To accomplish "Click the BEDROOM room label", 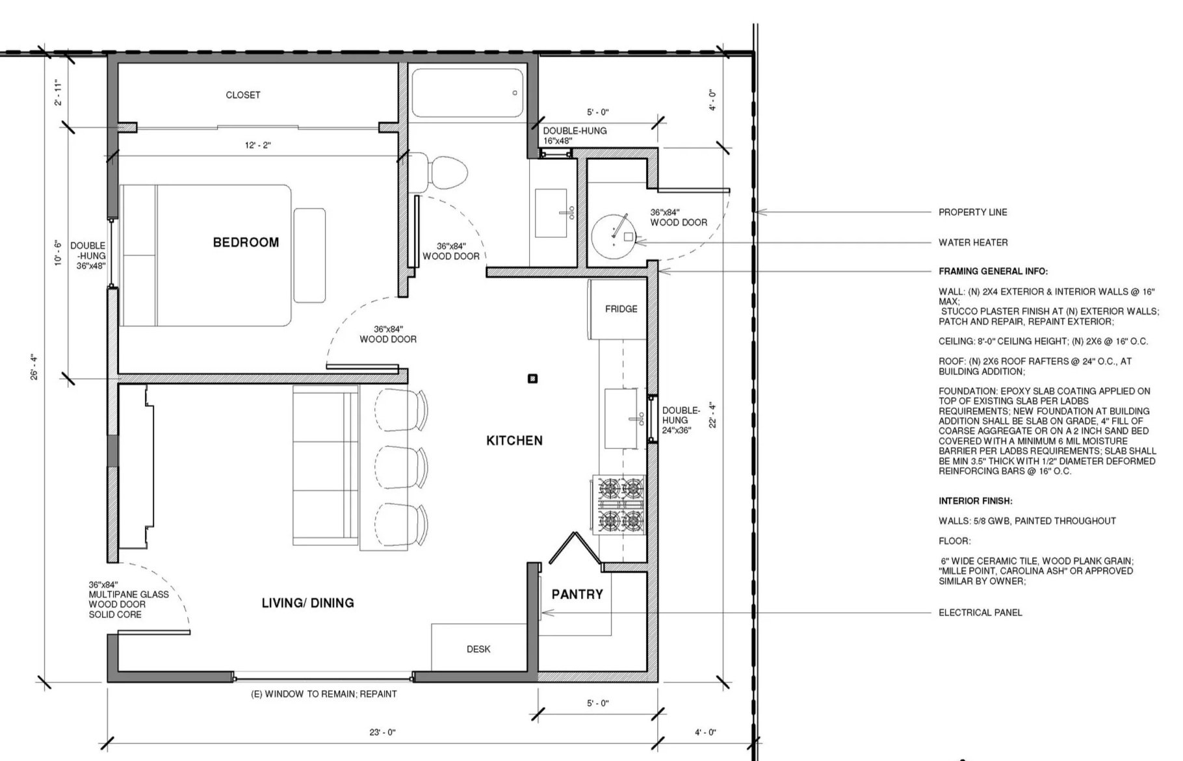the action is click(x=246, y=242).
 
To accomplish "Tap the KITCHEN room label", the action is click(x=514, y=441).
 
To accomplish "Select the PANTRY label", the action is click(x=577, y=594).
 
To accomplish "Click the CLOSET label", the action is click(x=243, y=95).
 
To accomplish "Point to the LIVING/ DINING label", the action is click(x=308, y=603).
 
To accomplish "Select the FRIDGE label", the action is click(x=621, y=309).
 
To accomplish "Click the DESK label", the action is click(x=478, y=649).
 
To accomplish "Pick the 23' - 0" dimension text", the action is click(x=382, y=732).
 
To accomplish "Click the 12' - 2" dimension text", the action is click(x=258, y=146).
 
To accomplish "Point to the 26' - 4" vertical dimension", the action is click(x=34, y=367).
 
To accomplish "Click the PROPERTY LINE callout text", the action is click(x=972, y=213).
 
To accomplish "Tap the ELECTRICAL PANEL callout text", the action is click(x=980, y=612).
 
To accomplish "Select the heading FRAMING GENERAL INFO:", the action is click(x=993, y=272).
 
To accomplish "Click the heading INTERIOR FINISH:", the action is click(x=975, y=501).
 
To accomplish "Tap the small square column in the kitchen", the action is click(x=533, y=378).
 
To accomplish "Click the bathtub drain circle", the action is click(x=515, y=93).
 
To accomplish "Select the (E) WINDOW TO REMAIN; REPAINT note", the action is click(x=324, y=694).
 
